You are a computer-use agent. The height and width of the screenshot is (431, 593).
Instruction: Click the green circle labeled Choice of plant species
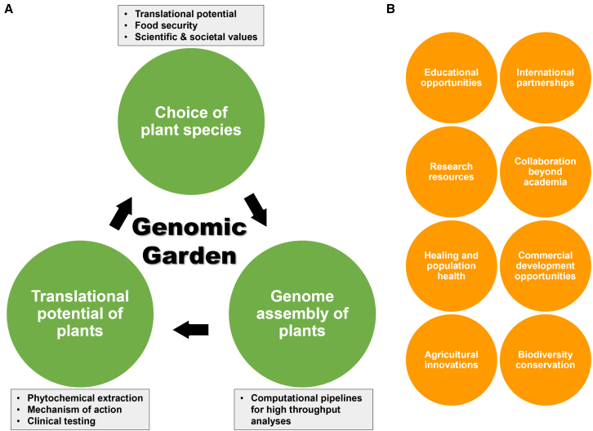191,122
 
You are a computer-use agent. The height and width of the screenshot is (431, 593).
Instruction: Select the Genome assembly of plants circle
302,313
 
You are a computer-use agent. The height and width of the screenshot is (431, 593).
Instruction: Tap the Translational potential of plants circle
80,313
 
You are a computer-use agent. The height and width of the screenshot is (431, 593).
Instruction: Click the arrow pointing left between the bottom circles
191,330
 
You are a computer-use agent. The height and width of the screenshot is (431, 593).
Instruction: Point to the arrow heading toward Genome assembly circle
256,210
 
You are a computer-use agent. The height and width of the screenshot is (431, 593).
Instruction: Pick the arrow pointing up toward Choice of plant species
121,213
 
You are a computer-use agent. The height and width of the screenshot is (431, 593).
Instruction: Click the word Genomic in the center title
189,227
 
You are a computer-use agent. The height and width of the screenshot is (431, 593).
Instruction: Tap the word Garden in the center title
189,255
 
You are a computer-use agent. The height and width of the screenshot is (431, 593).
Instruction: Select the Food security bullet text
166,25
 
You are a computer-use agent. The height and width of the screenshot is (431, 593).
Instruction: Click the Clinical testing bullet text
61,420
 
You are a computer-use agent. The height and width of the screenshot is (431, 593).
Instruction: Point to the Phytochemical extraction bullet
85,398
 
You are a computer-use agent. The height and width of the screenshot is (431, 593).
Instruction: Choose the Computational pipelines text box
303,410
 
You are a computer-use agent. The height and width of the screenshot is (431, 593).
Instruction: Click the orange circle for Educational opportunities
451,78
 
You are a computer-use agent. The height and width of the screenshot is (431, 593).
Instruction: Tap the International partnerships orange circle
546,78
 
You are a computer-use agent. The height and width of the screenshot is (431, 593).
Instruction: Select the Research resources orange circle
451,171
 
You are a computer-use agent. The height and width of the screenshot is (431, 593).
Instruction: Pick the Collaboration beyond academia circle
546,171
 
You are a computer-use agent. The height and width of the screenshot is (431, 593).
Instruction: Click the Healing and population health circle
451,266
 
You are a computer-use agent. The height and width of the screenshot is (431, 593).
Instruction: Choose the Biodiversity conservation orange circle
546,360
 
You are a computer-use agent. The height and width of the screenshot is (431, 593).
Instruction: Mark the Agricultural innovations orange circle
451,360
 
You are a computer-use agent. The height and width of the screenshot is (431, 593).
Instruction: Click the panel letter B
390,9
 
